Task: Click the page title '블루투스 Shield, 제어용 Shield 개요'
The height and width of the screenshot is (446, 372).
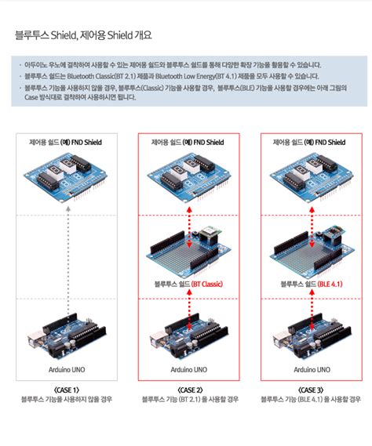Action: (x=83, y=35)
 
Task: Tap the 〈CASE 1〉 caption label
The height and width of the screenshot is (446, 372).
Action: (x=67, y=390)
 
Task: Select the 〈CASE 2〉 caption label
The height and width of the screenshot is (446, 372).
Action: (x=190, y=390)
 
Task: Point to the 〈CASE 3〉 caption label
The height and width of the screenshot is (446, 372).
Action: (x=311, y=390)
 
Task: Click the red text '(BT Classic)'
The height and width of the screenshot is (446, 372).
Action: (x=206, y=284)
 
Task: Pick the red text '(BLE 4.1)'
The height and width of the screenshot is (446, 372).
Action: (x=330, y=284)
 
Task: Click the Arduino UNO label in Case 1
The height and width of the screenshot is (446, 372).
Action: (x=67, y=369)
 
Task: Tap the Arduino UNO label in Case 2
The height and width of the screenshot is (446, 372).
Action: (x=189, y=369)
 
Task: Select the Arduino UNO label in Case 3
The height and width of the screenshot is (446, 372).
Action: (x=312, y=369)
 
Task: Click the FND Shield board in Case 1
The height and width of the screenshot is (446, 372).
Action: (x=65, y=177)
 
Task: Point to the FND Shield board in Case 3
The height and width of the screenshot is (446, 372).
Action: (x=312, y=177)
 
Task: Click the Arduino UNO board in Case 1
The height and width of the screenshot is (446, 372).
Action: (x=67, y=336)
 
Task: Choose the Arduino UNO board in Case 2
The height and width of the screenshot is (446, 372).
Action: (x=189, y=336)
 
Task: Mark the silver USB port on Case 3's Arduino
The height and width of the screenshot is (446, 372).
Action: (x=280, y=340)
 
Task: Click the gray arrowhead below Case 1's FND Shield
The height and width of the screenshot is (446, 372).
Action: (x=67, y=208)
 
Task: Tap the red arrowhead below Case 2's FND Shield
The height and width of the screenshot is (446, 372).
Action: (x=189, y=209)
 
